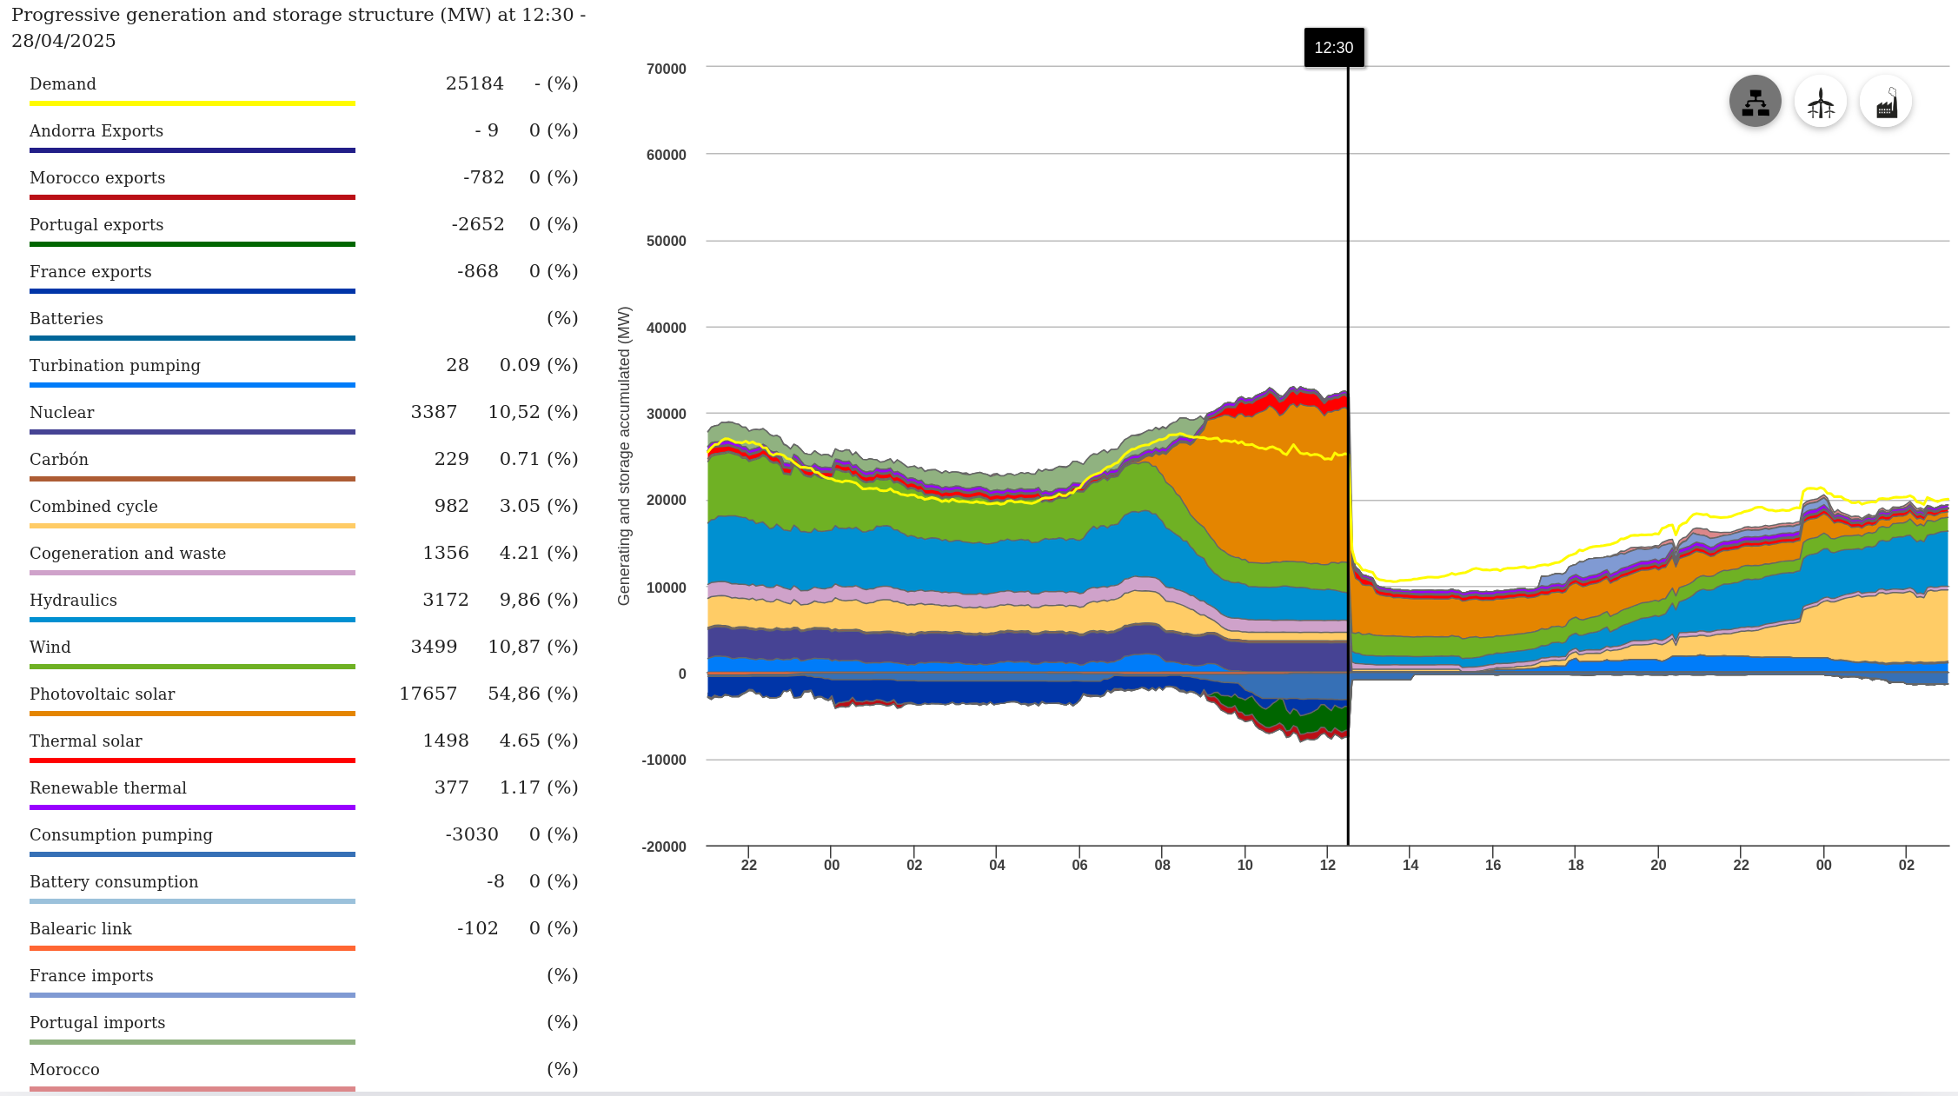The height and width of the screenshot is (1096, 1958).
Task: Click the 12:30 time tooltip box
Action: click(1333, 48)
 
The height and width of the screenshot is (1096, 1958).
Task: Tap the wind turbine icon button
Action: click(1820, 102)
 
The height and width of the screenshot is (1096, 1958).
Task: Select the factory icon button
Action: click(1885, 102)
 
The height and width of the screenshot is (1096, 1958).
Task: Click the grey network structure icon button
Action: click(1755, 102)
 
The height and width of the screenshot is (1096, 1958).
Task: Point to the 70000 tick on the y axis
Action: click(666, 69)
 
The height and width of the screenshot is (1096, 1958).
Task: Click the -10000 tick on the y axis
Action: click(664, 760)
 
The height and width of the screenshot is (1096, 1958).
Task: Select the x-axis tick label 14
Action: click(1410, 865)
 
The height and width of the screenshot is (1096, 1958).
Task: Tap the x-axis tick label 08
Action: click(1162, 865)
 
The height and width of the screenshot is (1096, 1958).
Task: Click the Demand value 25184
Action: click(475, 83)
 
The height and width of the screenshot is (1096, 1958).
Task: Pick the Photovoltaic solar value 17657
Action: click(428, 694)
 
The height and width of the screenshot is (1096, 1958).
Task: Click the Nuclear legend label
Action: click(62, 412)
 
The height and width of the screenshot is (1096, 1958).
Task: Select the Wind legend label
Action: click(50, 647)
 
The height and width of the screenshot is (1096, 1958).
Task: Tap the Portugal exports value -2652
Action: click(478, 224)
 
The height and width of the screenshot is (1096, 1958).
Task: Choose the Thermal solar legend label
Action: click(86, 741)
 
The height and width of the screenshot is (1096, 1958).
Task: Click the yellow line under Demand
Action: click(192, 103)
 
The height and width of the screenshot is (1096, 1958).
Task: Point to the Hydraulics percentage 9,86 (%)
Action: click(533, 600)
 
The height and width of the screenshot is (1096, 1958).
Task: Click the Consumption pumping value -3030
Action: click(472, 834)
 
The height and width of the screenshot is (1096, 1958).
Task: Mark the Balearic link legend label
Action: click(81, 928)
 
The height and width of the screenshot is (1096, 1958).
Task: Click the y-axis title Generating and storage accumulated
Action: click(624, 455)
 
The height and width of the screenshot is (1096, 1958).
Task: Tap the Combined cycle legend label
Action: click(94, 506)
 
